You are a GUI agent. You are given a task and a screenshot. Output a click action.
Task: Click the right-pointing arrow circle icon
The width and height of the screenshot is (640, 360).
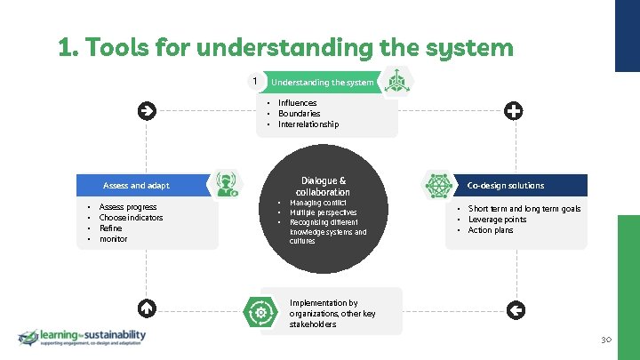(x=148, y=111)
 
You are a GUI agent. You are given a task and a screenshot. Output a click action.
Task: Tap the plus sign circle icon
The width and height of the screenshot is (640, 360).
(x=513, y=111)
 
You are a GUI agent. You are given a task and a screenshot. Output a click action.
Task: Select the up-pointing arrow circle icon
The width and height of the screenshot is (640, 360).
(x=148, y=308)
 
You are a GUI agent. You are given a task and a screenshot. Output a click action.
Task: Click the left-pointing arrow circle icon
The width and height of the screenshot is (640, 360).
(x=515, y=309)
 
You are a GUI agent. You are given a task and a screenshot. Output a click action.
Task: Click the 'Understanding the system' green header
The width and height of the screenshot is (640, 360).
(x=322, y=82)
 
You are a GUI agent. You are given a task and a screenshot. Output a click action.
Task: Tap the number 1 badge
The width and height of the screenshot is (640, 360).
(x=255, y=82)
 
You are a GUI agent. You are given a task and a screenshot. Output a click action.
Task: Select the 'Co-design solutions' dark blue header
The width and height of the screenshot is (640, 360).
(x=506, y=186)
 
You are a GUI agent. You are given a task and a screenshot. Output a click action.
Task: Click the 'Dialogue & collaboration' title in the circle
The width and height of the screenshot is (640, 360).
(x=323, y=186)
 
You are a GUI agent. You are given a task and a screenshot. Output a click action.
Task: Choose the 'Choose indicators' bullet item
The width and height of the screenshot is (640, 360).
(x=131, y=218)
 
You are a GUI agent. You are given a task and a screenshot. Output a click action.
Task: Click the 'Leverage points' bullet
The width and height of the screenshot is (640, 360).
(x=497, y=220)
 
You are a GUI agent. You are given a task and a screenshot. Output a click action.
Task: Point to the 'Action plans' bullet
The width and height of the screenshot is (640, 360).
(x=491, y=230)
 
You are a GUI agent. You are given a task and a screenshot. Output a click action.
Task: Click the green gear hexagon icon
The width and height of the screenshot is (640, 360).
(x=261, y=311)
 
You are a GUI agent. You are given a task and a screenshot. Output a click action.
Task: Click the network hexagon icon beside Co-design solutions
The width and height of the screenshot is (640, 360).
(x=438, y=185)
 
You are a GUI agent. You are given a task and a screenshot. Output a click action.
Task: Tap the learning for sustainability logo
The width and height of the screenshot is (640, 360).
(x=82, y=338)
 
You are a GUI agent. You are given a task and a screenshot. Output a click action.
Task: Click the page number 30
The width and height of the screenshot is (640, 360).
(x=607, y=340)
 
